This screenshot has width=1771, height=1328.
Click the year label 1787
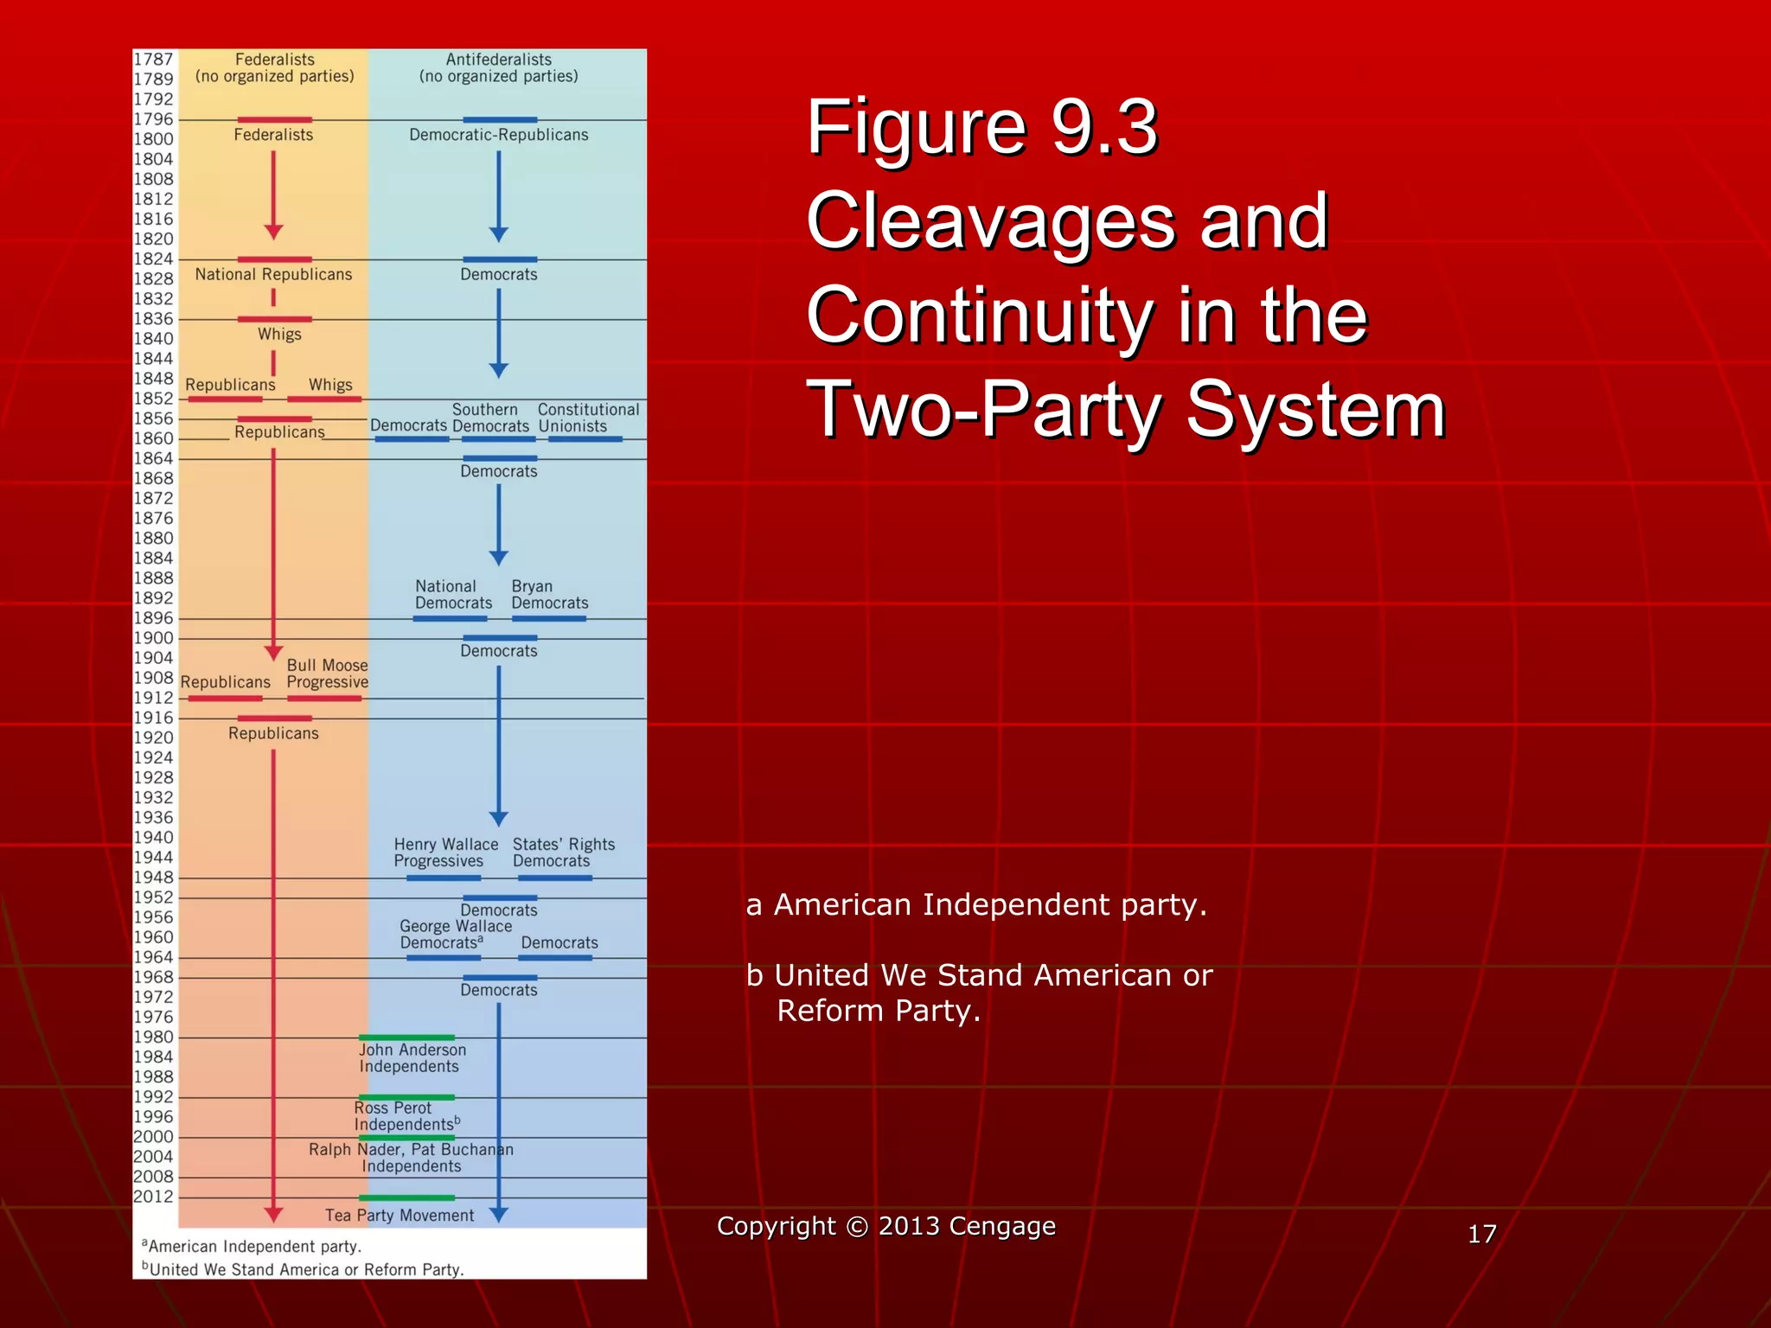tap(153, 59)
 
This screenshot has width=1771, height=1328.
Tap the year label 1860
tap(153, 438)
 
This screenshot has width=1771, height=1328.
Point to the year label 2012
tap(153, 1197)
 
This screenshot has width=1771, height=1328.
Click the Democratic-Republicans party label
tap(499, 135)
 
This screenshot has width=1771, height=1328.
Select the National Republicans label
tap(273, 274)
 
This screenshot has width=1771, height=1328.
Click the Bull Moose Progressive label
tap(327, 674)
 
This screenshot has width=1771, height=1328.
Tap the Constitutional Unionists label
tap(588, 418)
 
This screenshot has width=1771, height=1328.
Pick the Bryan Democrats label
tap(549, 595)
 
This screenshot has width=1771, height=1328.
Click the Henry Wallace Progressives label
tap(445, 852)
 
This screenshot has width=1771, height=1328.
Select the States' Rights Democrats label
tap(563, 852)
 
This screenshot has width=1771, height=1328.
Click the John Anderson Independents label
tap(412, 1058)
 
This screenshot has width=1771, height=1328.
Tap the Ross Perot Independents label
tap(405, 1116)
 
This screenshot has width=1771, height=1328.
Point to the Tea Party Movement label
tap(400, 1216)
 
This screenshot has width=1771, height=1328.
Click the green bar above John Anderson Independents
tap(406, 1037)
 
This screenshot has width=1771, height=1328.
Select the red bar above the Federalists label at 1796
tap(274, 120)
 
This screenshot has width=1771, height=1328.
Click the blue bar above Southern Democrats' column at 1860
tap(499, 439)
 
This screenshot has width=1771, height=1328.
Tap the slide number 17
tap(1481, 1234)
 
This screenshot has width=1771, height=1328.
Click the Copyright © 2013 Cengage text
tap(885, 1226)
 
